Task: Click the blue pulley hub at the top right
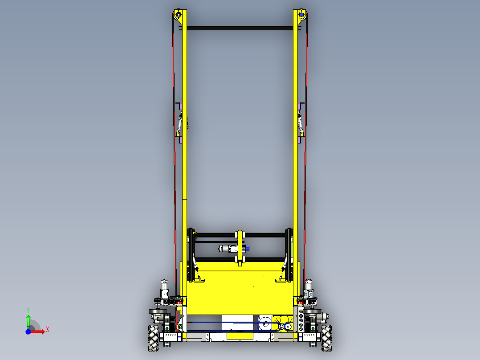(x=301, y=15)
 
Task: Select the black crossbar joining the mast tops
(x=240, y=29)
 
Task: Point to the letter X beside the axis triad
(x=48, y=329)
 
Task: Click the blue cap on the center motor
(x=248, y=249)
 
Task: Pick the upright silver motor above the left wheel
(x=164, y=287)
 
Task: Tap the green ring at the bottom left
(x=180, y=328)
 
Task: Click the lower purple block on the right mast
(x=300, y=140)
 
